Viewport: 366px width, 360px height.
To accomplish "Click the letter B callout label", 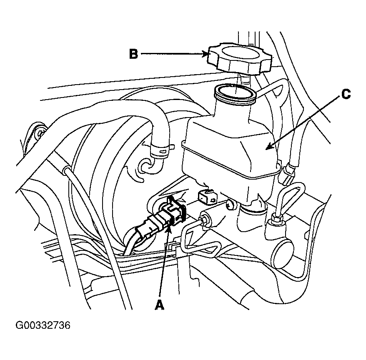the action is coord(133,54).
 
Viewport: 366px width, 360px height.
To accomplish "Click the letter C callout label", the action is coord(346,95).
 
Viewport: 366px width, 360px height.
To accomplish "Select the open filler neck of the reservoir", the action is coord(235,94).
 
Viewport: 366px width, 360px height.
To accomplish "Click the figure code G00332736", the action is coord(43,325).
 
